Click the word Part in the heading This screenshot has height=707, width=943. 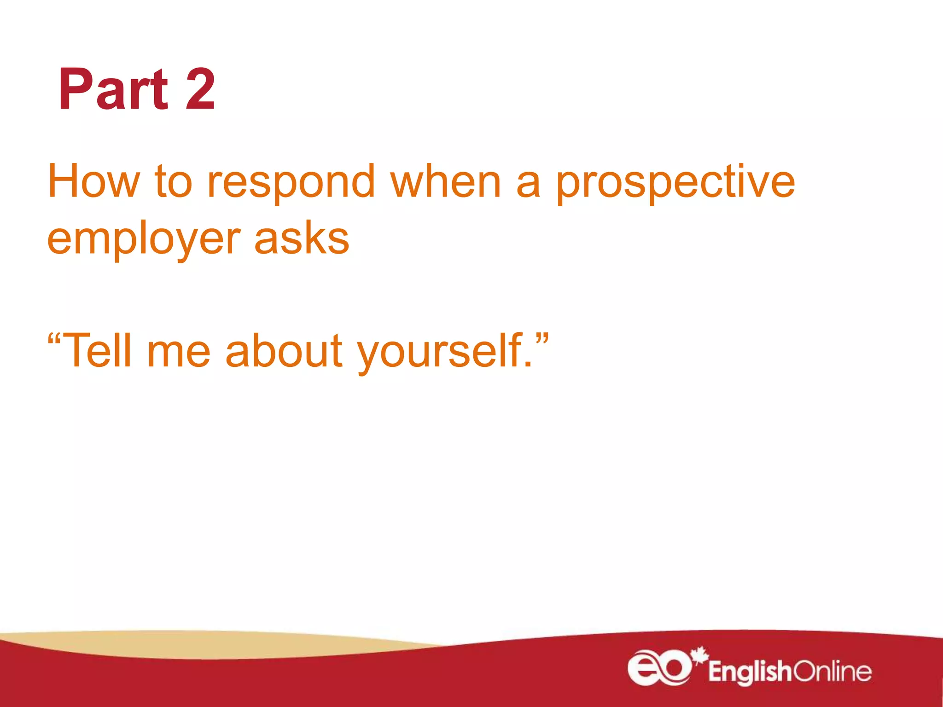pyautogui.click(x=113, y=90)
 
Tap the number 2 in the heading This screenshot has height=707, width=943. pyautogui.click(x=200, y=90)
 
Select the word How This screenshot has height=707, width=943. pyautogui.click(x=93, y=182)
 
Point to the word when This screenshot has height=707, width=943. pyautogui.click(x=445, y=182)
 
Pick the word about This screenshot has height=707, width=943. pyautogui.click(x=284, y=351)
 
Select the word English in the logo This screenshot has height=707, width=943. pyautogui.click(x=750, y=672)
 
